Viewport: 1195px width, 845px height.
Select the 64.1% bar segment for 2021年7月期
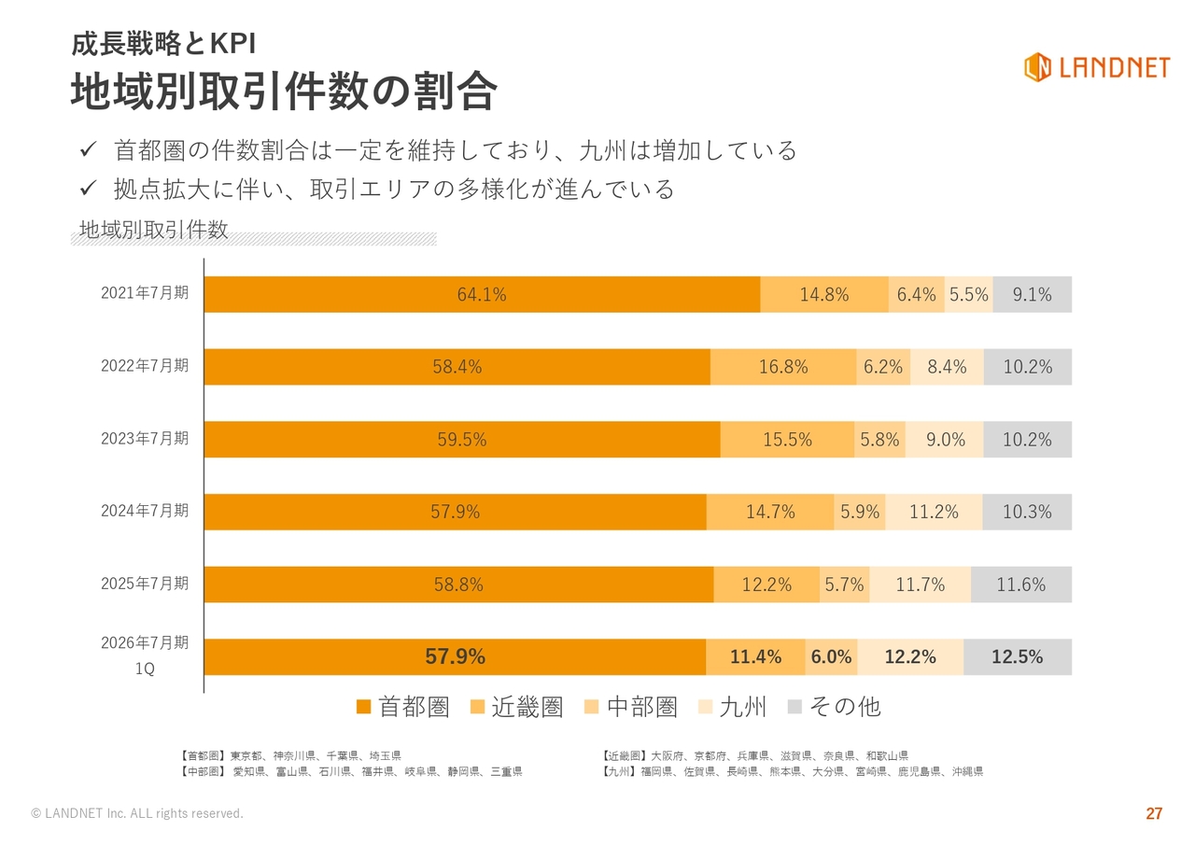tap(482, 295)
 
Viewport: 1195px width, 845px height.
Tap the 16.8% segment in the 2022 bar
tap(783, 367)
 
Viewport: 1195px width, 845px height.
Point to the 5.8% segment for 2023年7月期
tap(879, 440)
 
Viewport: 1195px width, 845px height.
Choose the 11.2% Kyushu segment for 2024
tap(934, 512)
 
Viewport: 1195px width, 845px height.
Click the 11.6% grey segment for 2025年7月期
tap(1020, 584)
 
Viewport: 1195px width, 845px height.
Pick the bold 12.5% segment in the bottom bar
tap(1017, 657)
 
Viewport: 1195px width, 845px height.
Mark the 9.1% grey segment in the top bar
tap(1032, 295)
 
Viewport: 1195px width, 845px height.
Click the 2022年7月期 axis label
tap(145, 366)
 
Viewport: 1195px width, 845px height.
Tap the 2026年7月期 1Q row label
tap(145, 655)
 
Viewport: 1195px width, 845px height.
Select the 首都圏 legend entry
tap(403, 707)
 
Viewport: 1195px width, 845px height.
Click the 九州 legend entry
tap(732, 707)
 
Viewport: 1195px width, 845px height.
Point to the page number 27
tap(1154, 814)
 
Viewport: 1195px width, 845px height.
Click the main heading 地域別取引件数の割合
tap(284, 92)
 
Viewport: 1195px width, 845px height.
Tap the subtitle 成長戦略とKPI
tap(163, 43)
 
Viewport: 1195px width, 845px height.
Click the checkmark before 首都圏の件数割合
tap(89, 149)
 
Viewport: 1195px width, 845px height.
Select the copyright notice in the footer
tap(137, 814)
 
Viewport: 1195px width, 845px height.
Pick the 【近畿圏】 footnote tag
tap(626, 755)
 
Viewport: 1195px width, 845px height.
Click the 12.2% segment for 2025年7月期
tap(766, 584)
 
